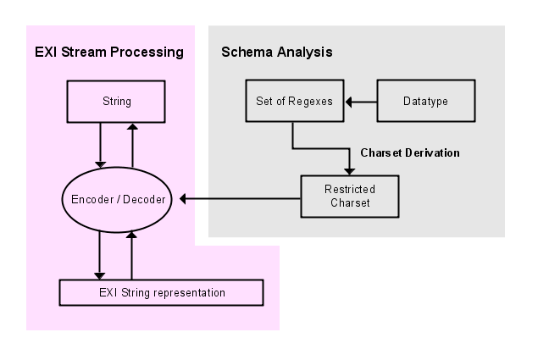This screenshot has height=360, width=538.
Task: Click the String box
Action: coord(116,102)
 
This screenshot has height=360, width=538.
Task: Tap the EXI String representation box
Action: coord(161,292)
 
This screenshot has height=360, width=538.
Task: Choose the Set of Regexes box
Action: coord(293,102)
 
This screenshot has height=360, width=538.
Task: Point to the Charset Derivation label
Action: coord(409,153)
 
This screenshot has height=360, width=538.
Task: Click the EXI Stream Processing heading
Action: coord(109,53)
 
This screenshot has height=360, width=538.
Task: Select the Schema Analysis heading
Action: coord(276,53)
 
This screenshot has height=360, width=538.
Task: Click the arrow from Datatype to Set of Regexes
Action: coord(359,102)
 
